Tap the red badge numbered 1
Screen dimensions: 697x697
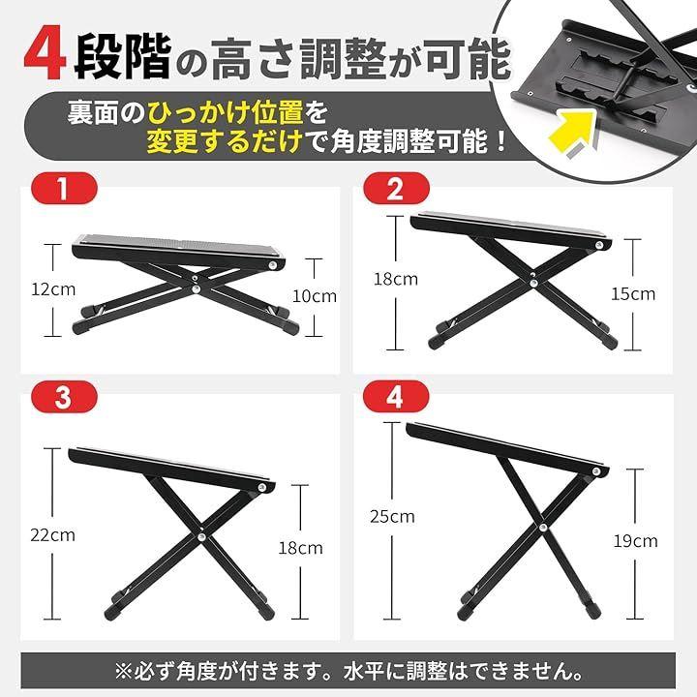point(64,189)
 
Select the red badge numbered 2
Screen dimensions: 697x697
point(397,189)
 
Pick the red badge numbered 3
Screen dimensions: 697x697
point(64,397)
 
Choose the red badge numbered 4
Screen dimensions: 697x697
point(397,397)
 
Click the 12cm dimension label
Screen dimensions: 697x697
point(53,289)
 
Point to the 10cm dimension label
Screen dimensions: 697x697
point(315,296)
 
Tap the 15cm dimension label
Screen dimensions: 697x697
point(633,294)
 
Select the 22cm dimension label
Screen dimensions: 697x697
point(53,534)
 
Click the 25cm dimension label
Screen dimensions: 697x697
point(392,517)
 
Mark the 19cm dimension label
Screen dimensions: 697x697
point(636,541)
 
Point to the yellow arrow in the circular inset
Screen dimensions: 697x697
point(573,134)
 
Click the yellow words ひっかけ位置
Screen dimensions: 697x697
point(226,113)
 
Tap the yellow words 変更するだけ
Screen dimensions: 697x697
point(225,142)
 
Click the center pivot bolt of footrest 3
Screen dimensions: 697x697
point(201,537)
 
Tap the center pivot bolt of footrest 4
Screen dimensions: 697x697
point(543,529)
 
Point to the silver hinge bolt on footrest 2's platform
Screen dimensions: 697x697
point(599,245)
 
